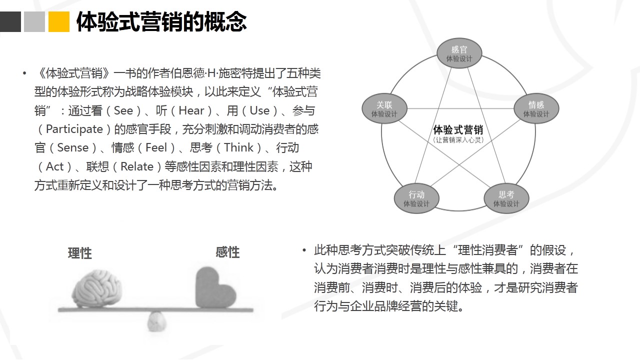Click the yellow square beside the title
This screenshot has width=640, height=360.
tap(59, 21)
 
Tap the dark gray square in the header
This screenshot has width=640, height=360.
tap(10, 21)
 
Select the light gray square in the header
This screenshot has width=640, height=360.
tap(34, 21)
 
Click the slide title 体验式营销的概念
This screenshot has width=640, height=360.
tap(161, 21)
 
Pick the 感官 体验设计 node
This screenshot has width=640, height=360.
tap(459, 53)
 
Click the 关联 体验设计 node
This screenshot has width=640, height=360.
tap(384, 108)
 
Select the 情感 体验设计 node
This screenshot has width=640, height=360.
tap(536, 108)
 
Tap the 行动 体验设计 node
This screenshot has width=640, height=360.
tap(416, 198)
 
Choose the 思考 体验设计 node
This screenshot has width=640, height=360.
tap(506, 198)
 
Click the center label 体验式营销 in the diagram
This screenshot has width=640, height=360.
tap(458, 129)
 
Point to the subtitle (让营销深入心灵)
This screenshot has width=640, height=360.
tap(458, 140)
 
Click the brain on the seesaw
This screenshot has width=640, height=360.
tap(97, 288)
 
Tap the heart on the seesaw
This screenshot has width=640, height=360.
tap(215, 287)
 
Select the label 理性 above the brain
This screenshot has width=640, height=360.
tap(79, 253)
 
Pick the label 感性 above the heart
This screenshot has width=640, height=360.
tap(227, 252)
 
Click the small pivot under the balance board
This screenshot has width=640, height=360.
tap(156, 321)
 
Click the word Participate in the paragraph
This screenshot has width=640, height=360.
tap(74, 129)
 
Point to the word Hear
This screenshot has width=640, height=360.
tap(191, 110)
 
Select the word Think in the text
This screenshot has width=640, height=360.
tap(238, 147)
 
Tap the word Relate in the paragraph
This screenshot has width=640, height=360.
tap(137, 166)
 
